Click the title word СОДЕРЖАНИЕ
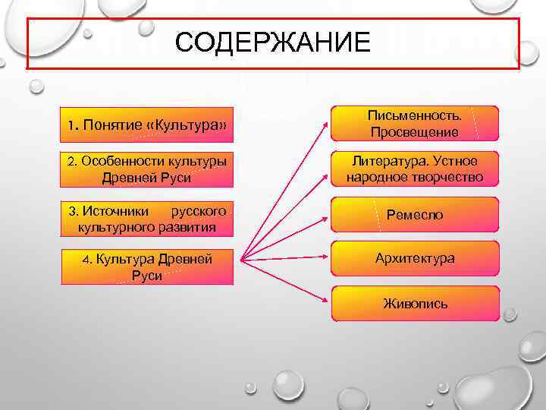[x=273, y=43]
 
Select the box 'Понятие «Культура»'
[x=146, y=123]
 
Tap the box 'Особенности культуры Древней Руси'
[x=146, y=170]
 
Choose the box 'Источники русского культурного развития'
[x=146, y=217]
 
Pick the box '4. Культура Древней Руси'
[x=146, y=266]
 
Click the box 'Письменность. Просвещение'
[x=414, y=124]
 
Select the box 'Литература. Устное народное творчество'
[x=414, y=170]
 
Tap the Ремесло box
[x=414, y=215]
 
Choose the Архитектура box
[x=414, y=258]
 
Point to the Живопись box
[x=414, y=303]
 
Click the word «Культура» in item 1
[x=189, y=124]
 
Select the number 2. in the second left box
[x=72, y=162]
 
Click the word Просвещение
[x=414, y=132]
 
